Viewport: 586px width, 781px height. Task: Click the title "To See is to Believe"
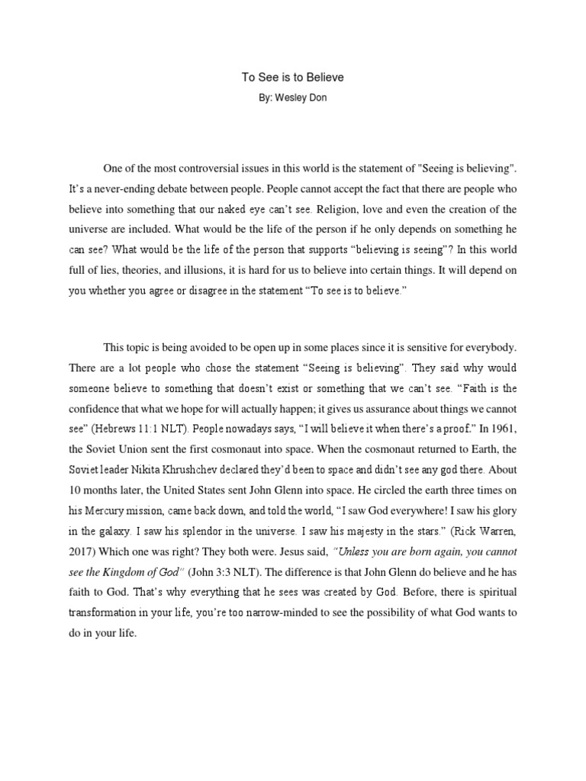pos(292,77)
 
